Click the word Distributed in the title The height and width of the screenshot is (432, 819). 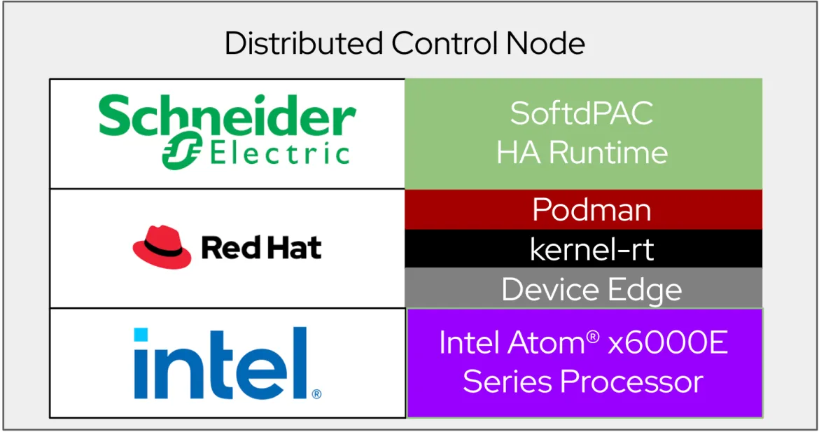point(304,43)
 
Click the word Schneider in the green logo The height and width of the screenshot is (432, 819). point(227,116)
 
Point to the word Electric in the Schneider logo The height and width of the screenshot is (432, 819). point(280,154)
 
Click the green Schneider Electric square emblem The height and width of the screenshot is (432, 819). point(182,151)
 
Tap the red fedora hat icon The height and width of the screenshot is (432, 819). point(162,247)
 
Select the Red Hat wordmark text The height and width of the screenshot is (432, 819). point(261,248)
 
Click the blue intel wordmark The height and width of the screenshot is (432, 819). point(221,363)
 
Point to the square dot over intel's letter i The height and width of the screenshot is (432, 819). point(141,334)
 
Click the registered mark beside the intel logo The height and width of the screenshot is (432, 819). point(316,394)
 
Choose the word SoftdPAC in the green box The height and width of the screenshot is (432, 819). point(582,113)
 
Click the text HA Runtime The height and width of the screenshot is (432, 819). point(582,153)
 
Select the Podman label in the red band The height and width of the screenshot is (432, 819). point(591,210)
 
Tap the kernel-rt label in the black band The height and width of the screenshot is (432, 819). point(591,249)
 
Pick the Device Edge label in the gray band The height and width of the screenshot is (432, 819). point(591,290)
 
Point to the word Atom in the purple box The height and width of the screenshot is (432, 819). point(546,342)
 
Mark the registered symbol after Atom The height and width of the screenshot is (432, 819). point(593,337)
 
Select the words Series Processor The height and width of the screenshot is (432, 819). point(583,382)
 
